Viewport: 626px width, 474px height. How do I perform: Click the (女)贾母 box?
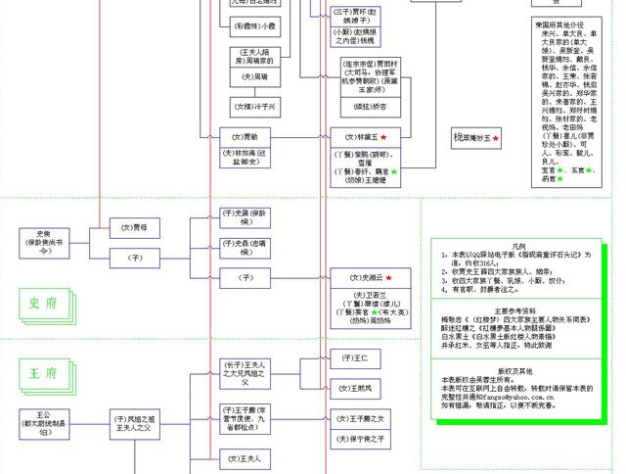(x=134, y=227)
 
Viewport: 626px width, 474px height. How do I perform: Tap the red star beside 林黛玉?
(x=383, y=137)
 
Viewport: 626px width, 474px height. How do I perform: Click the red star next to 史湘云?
(x=388, y=279)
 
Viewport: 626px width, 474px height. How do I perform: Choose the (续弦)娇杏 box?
(x=363, y=104)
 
